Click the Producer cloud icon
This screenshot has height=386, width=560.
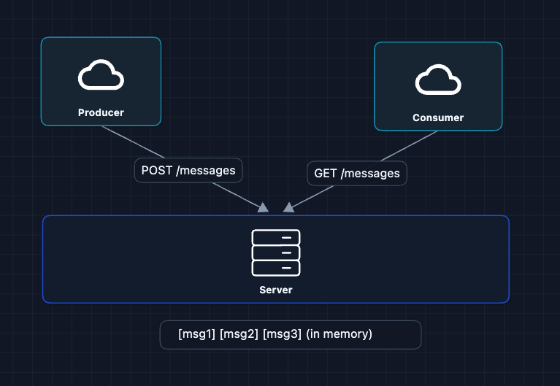point(101,75)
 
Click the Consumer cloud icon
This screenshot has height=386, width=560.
point(438,80)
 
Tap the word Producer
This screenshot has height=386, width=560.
point(101,112)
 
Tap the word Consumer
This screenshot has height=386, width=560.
point(438,117)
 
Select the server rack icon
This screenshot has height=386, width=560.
point(276,252)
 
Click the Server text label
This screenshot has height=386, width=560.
point(276,290)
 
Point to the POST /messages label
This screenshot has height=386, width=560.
point(188,170)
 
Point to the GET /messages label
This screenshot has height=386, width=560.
point(356,173)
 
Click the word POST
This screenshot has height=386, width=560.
point(158,170)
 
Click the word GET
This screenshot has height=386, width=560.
point(325,173)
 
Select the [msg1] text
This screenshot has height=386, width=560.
point(196,334)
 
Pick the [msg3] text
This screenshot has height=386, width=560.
point(281,334)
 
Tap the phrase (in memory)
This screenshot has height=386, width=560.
point(339,334)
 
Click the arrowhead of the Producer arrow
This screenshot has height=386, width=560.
point(264,208)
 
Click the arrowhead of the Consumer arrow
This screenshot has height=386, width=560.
point(289,207)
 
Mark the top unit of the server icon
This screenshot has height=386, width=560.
point(276,237)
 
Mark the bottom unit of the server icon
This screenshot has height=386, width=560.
point(276,268)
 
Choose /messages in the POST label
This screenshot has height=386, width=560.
point(207,170)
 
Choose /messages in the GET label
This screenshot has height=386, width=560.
point(370,173)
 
